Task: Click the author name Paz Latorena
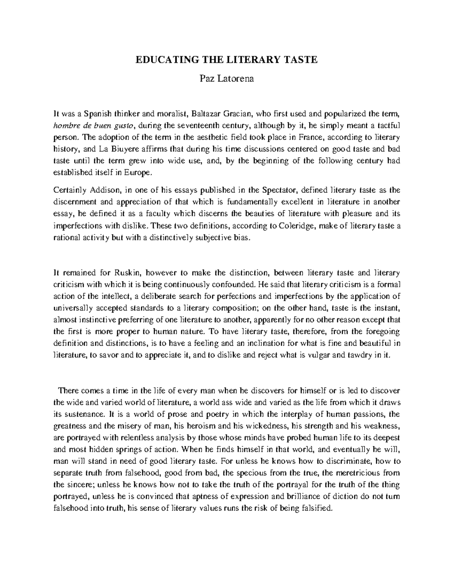click(227, 79)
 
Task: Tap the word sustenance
click(84, 414)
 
